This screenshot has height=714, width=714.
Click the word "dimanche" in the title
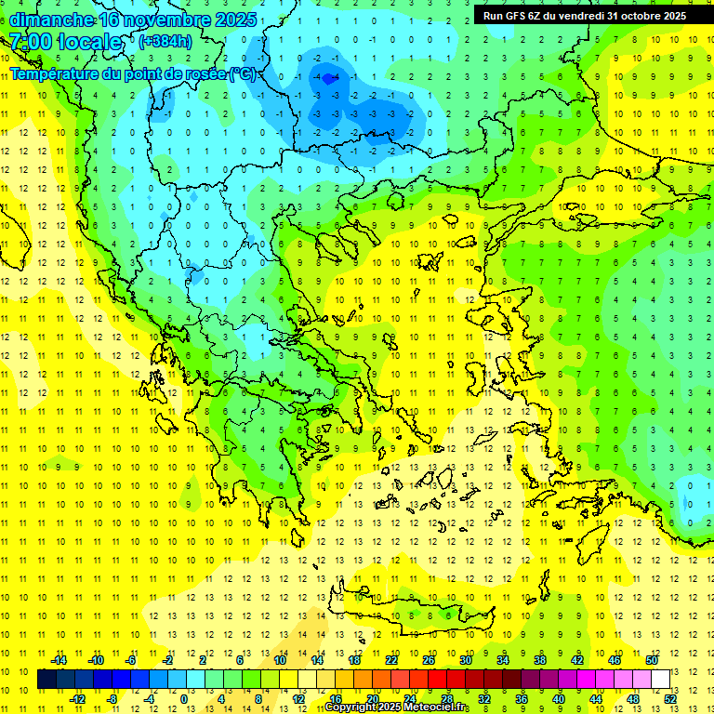tap(51, 20)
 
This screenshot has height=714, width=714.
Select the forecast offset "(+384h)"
tap(166, 42)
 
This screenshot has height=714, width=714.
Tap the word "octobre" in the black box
tap(634, 16)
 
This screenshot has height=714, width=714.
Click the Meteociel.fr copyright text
tap(396, 707)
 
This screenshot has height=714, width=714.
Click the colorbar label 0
tap(183, 699)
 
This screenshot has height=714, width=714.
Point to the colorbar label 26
tap(429, 660)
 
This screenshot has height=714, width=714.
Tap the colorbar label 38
tap(540, 660)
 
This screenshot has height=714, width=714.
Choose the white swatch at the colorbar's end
tap(661, 679)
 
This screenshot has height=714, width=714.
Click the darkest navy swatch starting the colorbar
tap(47, 679)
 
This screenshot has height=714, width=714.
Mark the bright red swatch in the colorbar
tap(438, 679)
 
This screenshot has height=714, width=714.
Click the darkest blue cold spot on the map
tap(328, 81)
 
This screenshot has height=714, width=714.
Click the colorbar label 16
tap(336, 699)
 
